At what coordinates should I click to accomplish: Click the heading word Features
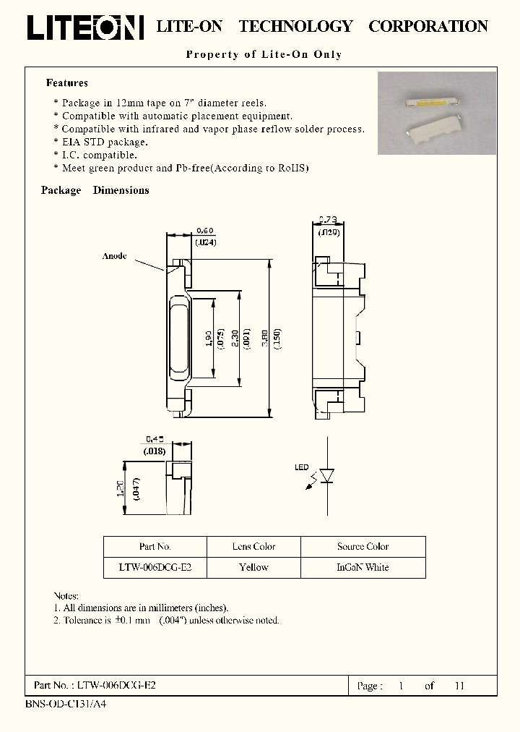pos(66,83)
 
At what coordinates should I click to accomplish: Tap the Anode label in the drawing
pos(114,256)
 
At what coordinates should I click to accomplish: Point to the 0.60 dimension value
pos(204,231)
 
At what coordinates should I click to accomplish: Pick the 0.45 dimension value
pos(155,439)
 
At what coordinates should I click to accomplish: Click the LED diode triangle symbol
pos(326,476)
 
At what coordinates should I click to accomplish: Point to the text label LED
pos(301,467)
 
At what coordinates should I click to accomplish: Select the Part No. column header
pos(155,547)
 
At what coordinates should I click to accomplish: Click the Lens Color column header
pos(253,547)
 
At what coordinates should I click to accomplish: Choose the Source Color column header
pos(363,547)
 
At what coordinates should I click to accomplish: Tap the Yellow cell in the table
pos(253,568)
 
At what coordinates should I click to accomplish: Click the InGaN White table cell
pos(363,568)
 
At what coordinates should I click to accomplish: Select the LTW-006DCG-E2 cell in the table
pos(155,568)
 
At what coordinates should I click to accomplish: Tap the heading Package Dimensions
pos(95,190)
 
